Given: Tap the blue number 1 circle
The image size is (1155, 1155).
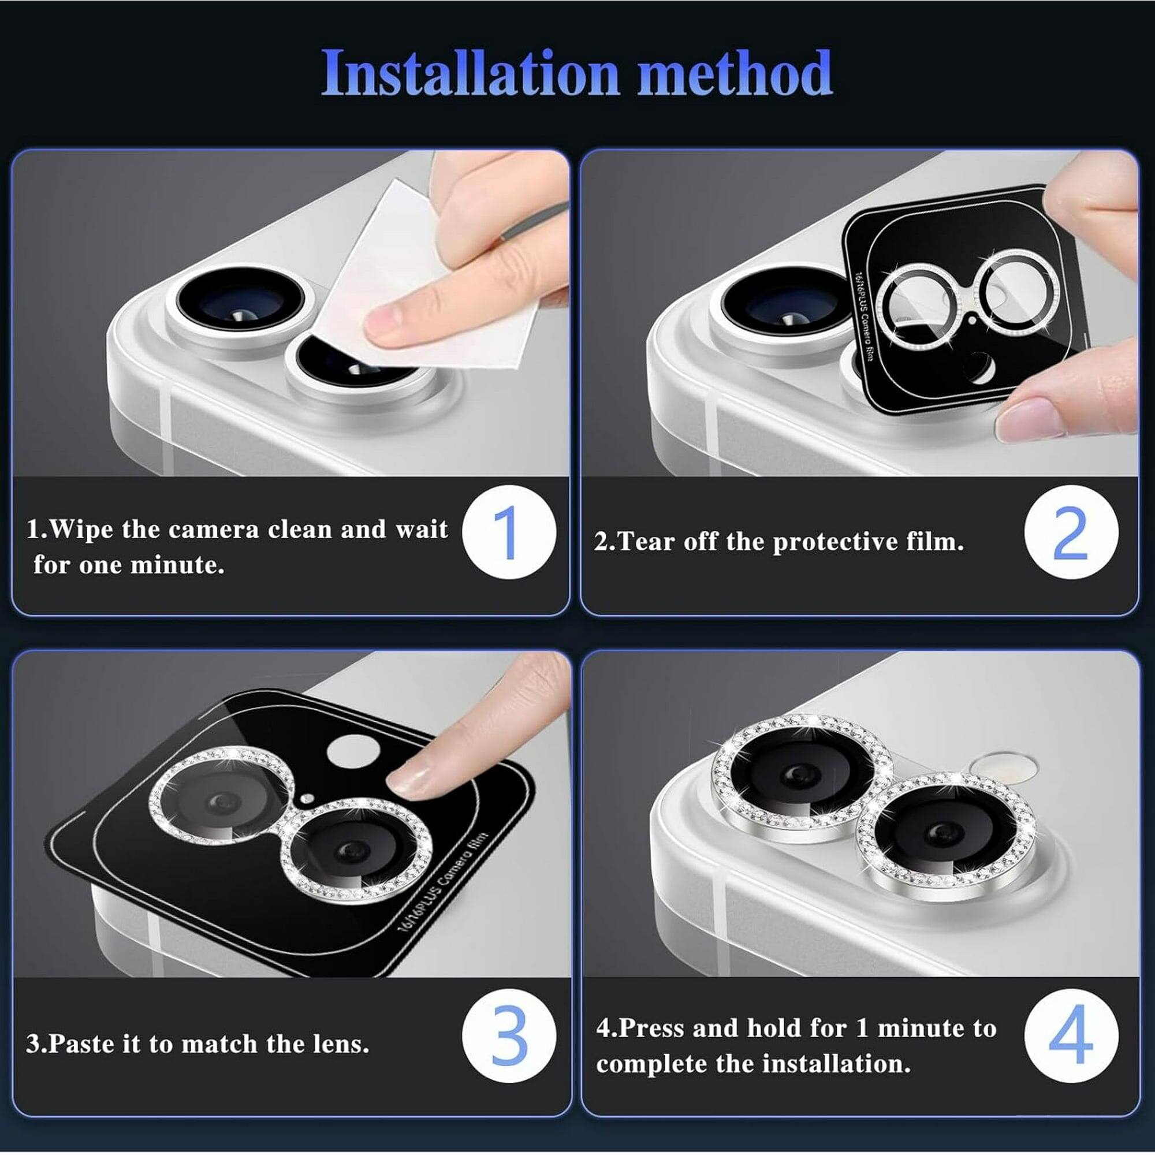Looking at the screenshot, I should point(509,532).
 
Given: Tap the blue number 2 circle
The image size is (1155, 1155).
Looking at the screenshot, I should point(1070,532).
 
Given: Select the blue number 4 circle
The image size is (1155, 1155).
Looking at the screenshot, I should point(1070,1034).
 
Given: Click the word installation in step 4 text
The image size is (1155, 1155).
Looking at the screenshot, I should point(836,1064).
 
